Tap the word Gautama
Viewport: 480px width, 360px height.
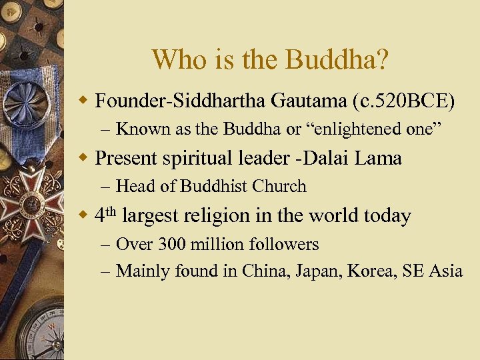308,101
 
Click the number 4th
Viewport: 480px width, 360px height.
105,215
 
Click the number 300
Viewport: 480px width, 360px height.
173,244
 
